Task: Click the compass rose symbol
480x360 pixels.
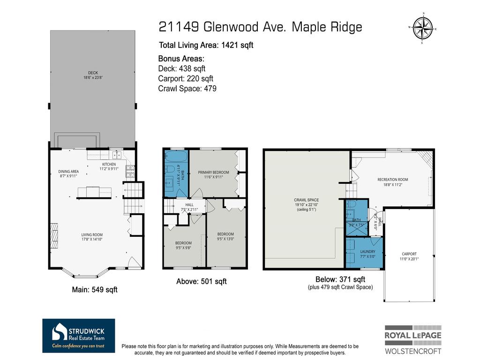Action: tap(423, 28)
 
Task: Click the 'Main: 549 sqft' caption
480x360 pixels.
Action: tap(94, 290)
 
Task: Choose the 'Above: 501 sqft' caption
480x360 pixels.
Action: tap(201, 281)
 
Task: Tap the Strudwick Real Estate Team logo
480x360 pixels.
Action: tap(78, 336)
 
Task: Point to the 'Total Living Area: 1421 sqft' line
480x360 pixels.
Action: tap(206, 45)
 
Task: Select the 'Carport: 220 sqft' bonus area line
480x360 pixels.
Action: tap(186, 78)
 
